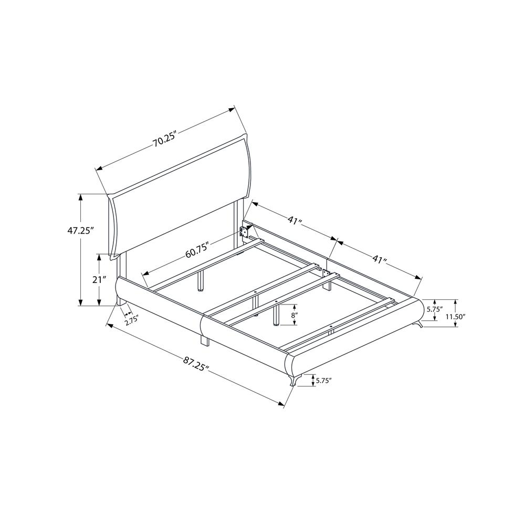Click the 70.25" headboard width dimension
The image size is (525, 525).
tap(164, 141)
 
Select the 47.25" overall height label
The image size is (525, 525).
tap(80, 230)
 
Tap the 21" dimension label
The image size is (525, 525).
tap(99, 279)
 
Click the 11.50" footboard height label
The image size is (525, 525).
tap(455, 316)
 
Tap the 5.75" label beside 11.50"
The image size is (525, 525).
tap(434, 309)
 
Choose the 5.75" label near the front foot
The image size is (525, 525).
tap(323, 380)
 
